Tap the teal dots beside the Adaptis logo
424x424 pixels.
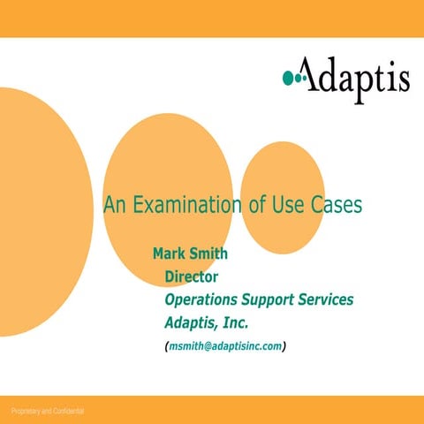click(x=293, y=79)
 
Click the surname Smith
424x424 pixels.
click(x=209, y=254)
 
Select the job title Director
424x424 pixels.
click(x=192, y=277)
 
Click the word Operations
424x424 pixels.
click(x=202, y=300)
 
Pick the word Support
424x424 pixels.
click(x=269, y=300)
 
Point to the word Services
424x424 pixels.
click(x=327, y=299)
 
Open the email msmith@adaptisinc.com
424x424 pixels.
click(x=225, y=346)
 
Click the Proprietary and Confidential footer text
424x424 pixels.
click(x=49, y=411)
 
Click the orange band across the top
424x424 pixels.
click(x=212, y=18)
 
